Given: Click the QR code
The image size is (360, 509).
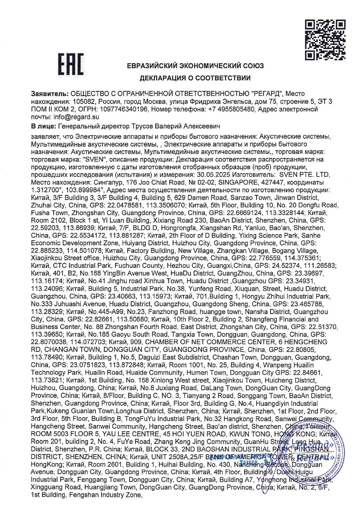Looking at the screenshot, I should pyautogui.click(x=325, y=40).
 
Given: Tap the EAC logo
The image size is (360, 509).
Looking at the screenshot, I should pyautogui.click(x=71, y=64).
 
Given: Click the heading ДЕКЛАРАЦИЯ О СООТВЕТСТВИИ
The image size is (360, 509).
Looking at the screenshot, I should pyautogui.click(x=195, y=78).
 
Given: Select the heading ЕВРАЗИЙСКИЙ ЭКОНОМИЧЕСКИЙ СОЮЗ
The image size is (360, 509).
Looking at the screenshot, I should pyautogui.click(x=195, y=66).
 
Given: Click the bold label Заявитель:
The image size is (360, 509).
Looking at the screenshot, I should pyautogui.click(x=50, y=94).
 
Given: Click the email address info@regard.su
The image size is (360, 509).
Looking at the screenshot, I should pyautogui.click(x=76, y=117).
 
